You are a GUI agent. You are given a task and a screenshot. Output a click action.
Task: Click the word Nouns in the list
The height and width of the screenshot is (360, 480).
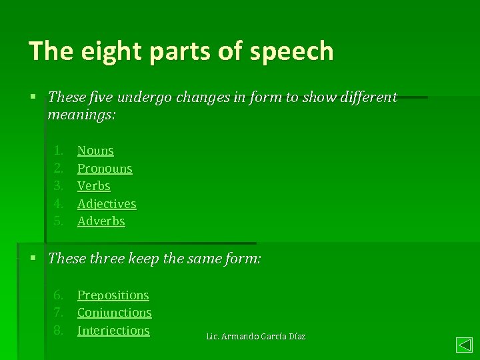coord(95,151)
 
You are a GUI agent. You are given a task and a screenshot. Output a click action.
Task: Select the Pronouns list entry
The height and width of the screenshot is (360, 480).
coord(105,169)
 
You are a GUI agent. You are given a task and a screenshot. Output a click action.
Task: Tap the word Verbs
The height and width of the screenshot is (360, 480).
coord(94,186)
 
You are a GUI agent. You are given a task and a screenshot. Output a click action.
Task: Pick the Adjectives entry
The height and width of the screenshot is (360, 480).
coord(107,204)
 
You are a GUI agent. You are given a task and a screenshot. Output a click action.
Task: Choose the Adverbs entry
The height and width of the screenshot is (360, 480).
coord(101,221)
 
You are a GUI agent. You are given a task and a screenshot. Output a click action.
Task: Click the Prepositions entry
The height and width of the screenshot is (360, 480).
coord(113,295)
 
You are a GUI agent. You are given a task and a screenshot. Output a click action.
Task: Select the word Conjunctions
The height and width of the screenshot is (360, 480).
coord(115,313)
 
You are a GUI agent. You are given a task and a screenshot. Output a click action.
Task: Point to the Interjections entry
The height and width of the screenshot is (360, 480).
coord(113,331)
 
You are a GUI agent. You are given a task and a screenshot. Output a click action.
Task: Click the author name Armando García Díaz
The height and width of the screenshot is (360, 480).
coord(264,337)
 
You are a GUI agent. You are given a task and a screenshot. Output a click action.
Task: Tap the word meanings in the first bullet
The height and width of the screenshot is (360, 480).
coord(81,115)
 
